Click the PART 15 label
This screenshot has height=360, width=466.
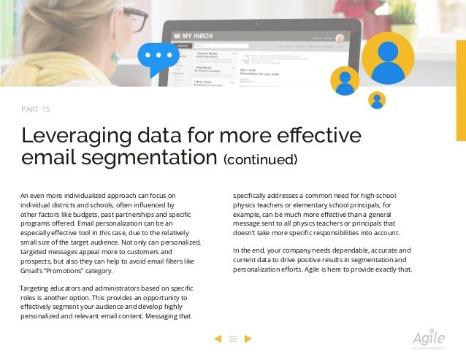point(36,110)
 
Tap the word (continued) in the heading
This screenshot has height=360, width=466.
point(260,159)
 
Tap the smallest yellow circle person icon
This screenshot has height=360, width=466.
point(378,100)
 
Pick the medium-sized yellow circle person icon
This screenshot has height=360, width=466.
point(345,81)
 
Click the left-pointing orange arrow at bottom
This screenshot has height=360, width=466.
point(217,338)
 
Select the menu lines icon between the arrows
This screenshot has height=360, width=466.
point(233,338)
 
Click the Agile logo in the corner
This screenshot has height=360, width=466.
point(428,340)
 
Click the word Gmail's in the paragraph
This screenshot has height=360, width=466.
point(33,270)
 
